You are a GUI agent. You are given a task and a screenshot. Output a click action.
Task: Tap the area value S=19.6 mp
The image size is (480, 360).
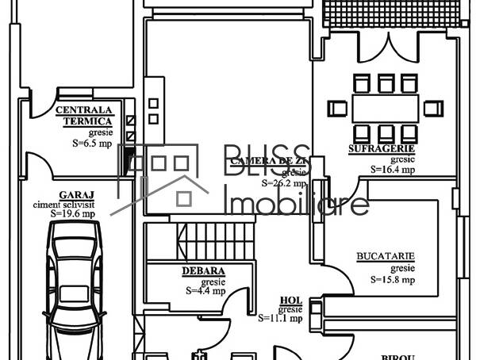coord(73,213)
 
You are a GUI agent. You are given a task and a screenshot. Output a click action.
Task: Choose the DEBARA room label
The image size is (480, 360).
coord(203,271)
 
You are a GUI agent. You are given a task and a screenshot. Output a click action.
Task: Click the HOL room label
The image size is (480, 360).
coord(290,301)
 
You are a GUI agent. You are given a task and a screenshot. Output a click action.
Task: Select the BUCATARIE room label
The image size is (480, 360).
coord(386,257)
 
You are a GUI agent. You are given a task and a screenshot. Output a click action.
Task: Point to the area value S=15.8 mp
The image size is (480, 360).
coord(392,279)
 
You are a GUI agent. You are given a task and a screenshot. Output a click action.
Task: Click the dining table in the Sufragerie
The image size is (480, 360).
coord(386,107)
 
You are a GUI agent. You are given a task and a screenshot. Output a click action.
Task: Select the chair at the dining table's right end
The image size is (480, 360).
coord(433,107)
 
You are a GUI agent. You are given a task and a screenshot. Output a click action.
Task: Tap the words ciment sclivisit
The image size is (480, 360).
coord(73,204)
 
